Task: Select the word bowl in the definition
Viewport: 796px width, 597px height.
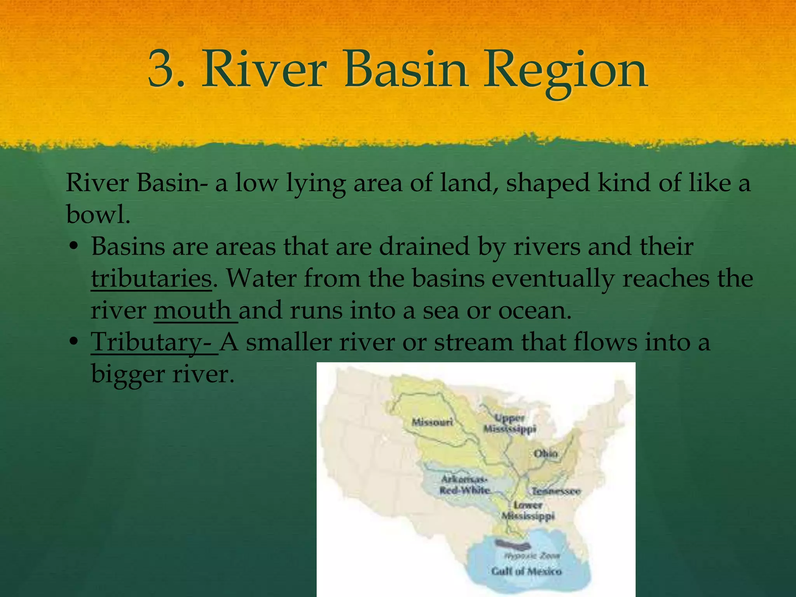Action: point(97,214)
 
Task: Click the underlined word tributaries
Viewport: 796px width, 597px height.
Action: point(152,278)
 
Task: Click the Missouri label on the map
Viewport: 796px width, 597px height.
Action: point(432,422)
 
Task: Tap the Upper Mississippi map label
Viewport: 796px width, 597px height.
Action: point(510,424)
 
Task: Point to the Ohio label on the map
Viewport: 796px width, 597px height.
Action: point(545,454)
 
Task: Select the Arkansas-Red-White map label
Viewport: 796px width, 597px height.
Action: point(464,485)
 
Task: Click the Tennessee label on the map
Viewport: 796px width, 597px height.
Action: point(556,491)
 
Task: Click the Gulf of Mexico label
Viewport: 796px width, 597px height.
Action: point(526,571)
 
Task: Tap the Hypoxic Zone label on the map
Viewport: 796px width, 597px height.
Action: point(532,556)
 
